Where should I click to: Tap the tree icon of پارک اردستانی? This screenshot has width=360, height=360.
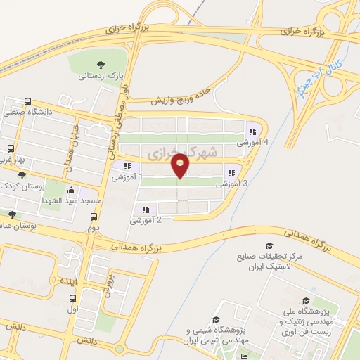click(x=103, y=62)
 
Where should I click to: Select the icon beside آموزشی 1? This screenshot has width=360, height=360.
click(x=127, y=167)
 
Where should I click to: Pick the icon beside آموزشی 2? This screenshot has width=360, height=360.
click(x=146, y=210)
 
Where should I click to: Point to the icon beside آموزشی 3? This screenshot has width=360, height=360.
click(x=231, y=174)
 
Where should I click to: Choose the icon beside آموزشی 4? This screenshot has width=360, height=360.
click(x=251, y=131)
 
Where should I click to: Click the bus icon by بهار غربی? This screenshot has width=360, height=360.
click(x=11, y=148)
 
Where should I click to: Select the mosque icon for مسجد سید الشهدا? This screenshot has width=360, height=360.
click(x=71, y=191)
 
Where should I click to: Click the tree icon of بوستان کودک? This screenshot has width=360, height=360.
click(x=22, y=175)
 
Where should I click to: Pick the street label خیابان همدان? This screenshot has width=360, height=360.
click(x=72, y=141)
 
